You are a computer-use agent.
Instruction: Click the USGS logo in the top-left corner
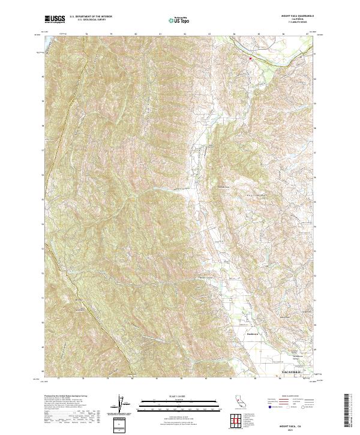coord(55,19)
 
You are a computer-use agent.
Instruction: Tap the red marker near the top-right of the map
coord(250,58)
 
